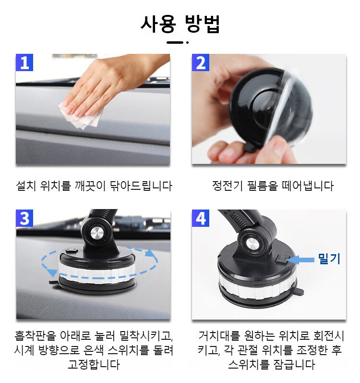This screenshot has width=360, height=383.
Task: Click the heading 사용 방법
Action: [x=180, y=24]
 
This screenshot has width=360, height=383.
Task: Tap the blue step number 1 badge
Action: [x=24, y=62]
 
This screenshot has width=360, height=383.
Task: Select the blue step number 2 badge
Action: [x=201, y=62]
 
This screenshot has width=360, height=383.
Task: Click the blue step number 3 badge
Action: [x=24, y=218]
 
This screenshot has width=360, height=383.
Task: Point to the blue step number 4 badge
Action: [x=201, y=218]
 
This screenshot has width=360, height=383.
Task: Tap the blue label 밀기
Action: [x=329, y=259]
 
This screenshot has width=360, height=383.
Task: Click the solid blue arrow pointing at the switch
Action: [x=300, y=260]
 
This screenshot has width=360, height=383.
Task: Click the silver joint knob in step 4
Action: [x=252, y=243]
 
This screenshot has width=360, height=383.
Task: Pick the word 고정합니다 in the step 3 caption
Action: [x=94, y=364]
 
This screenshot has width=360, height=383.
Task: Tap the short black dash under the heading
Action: [x=175, y=42]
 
